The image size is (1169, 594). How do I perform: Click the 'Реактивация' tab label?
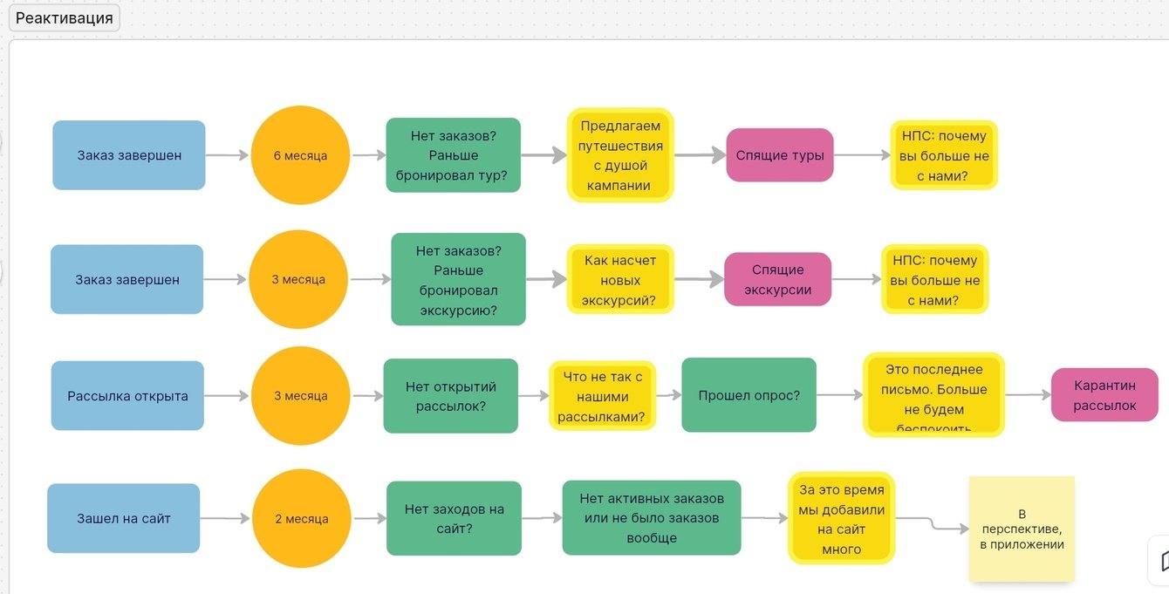click(64, 18)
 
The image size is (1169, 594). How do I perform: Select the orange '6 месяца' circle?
click(300, 155)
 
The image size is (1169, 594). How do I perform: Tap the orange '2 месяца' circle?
click(301, 518)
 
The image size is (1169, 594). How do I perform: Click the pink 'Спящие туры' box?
click(779, 155)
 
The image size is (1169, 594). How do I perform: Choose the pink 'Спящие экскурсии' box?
click(777, 279)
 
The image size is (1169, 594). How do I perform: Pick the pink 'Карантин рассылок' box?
click(1104, 395)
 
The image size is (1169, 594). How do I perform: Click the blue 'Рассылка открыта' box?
click(127, 396)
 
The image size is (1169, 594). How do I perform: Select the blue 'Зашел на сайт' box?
click(123, 518)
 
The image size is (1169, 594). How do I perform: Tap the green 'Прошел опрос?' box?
click(749, 395)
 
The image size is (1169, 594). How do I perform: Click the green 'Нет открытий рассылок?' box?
click(450, 396)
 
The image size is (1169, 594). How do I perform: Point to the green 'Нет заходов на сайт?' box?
click(454, 518)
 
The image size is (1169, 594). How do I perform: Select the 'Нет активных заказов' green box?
click(651, 518)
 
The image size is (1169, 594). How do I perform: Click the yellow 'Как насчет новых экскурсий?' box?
click(620, 280)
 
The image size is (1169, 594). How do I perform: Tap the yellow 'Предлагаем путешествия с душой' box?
click(620, 155)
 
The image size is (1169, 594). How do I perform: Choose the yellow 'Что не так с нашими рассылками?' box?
click(602, 396)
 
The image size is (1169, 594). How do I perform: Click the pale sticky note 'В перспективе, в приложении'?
click(1022, 529)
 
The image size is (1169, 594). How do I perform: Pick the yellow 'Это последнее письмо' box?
click(933, 395)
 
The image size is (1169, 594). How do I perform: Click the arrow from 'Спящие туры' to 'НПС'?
click(861, 155)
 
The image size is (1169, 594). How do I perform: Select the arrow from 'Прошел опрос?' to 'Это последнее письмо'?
click(839, 395)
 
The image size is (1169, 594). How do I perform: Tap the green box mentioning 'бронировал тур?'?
click(453, 155)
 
